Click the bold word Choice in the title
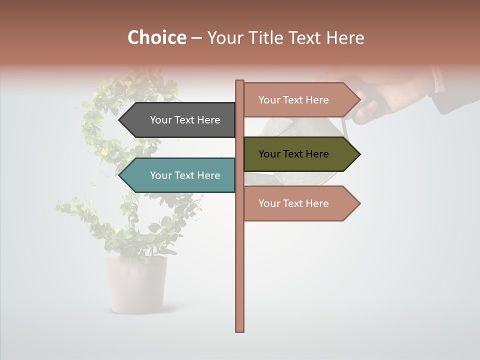[156, 38]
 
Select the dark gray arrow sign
[180, 120]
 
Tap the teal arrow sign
[180, 175]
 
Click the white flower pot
[136, 285]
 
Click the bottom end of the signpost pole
[240, 329]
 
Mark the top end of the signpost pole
[240, 82]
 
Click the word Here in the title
[345, 38]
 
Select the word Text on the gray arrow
[185, 120]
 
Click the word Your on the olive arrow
[269, 154]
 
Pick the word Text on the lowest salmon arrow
[294, 203]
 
